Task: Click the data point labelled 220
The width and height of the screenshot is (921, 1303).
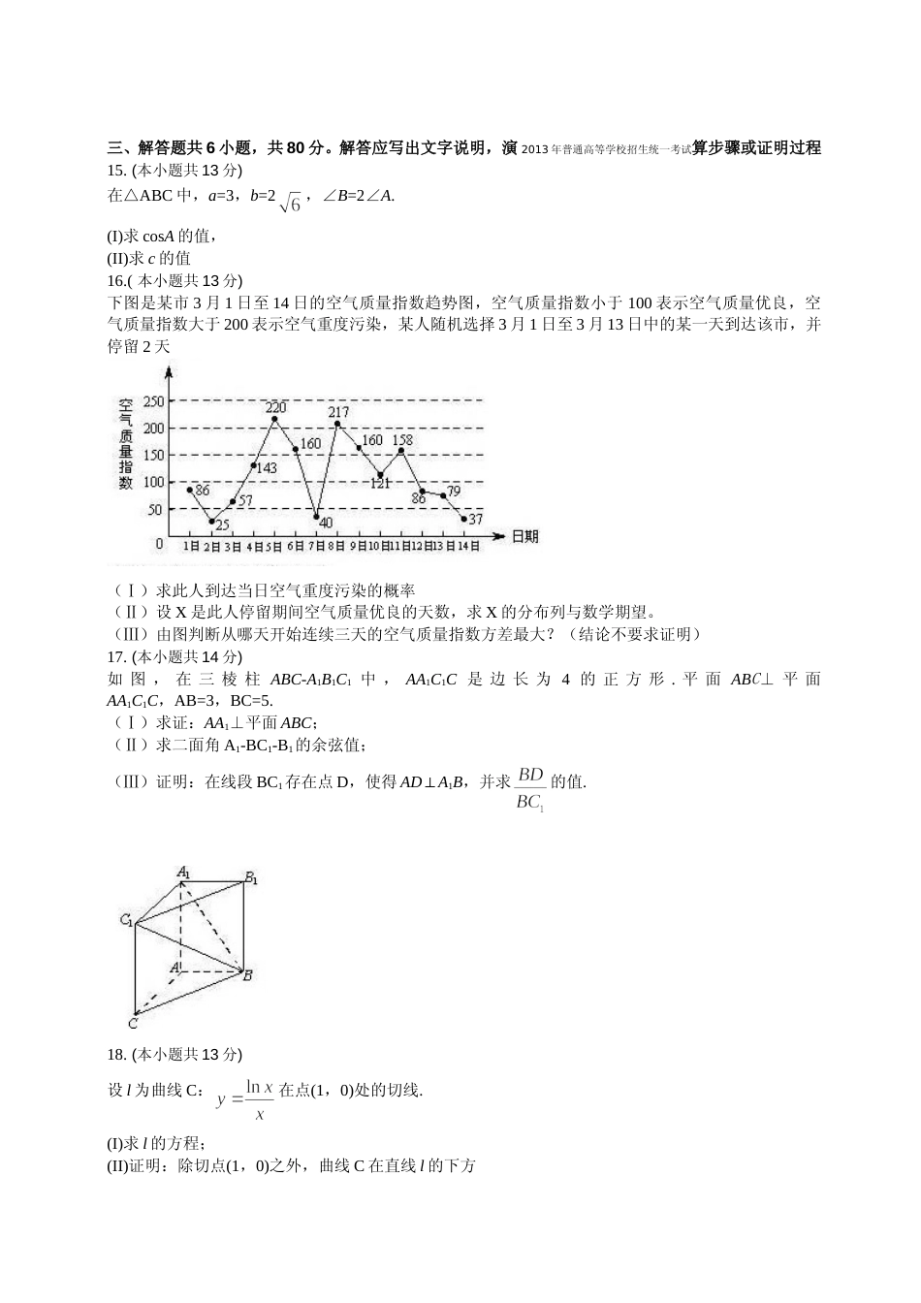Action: pyautogui.click(x=274, y=420)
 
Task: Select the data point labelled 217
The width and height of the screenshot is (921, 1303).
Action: pyautogui.click(x=337, y=424)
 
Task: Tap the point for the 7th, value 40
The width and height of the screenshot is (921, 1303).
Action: pyautogui.click(x=317, y=517)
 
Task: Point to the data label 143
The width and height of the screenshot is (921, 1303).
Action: pyautogui.click(x=265, y=467)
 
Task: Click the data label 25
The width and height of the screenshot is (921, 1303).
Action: pyautogui.click(x=222, y=524)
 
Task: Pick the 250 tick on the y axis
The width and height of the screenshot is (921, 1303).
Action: pyautogui.click(x=152, y=400)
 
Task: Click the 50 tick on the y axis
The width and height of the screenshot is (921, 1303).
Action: pyautogui.click(x=155, y=509)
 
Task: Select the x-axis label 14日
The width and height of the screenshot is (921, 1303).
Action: pyautogui.click(x=467, y=546)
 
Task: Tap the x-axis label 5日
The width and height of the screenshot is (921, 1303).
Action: pyautogui.click(x=274, y=546)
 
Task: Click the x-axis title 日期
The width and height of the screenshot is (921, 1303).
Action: pyautogui.click(x=524, y=536)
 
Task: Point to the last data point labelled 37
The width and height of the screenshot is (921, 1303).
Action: pyautogui.click(x=464, y=519)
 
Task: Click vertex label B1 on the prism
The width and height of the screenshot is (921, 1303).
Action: pyautogui.click(x=251, y=878)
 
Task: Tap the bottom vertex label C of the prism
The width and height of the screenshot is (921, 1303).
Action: pyautogui.click(x=133, y=1022)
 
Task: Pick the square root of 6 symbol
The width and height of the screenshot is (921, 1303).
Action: pyautogui.click(x=291, y=202)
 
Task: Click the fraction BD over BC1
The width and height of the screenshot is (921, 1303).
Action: pyautogui.click(x=530, y=788)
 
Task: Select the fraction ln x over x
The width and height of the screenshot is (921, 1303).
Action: pyautogui.click(x=259, y=1100)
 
